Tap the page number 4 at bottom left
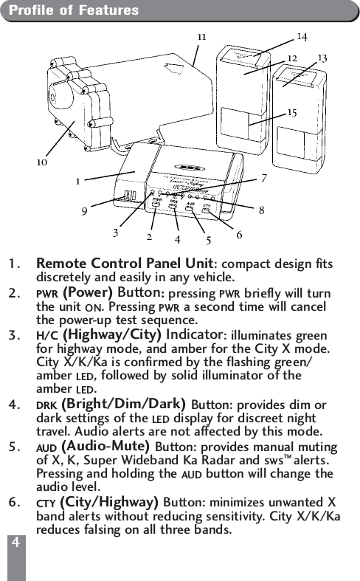point(14,543)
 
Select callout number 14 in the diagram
point(302,35)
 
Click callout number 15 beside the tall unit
point(292,112)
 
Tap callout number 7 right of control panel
point(263,178)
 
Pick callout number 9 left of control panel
point(85,210)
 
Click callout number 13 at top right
point(322,57)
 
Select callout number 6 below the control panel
point(239,235)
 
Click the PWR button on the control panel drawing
point(157,204)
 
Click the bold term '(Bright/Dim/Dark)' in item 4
point(125,404)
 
